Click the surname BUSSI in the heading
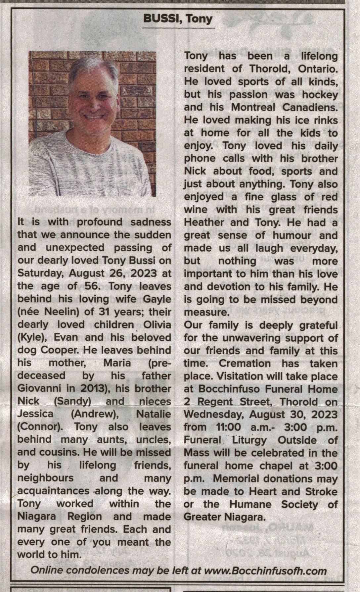[x=160, y=19]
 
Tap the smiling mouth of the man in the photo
[x=94, y=117]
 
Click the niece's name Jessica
[x=35, y=414]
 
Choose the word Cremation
[x=245, y=364]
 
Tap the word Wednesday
[x=214, y=415]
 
